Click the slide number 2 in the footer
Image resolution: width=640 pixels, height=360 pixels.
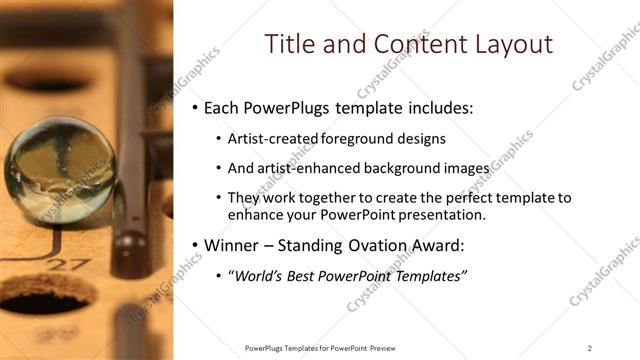coord(589,347)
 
